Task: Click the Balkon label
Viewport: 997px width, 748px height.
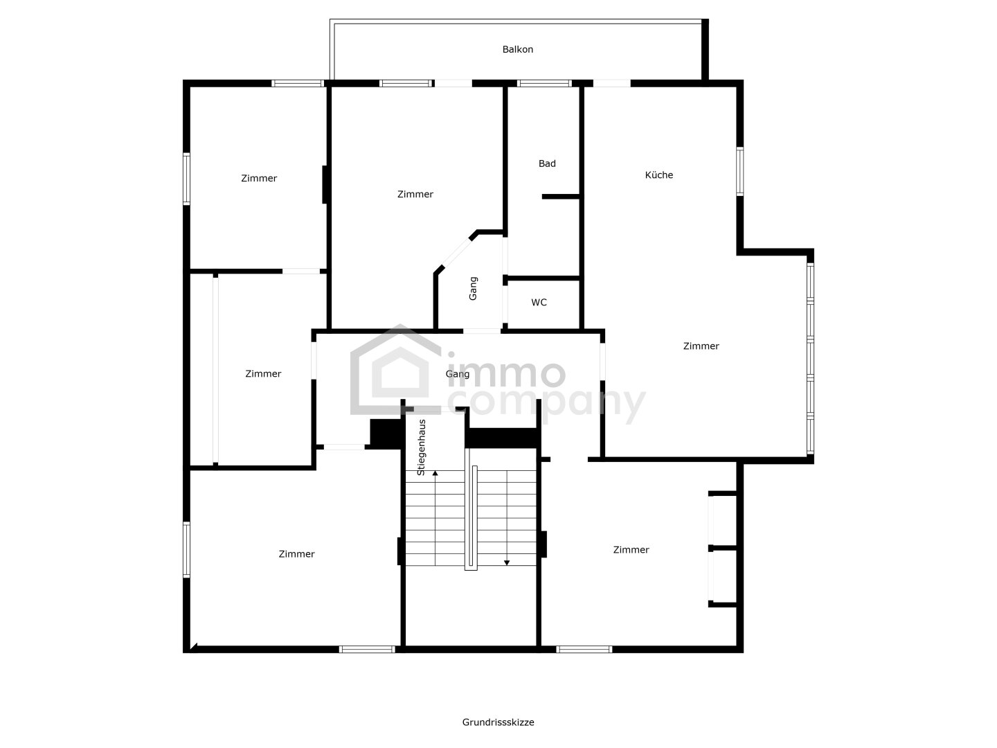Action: [517, 49]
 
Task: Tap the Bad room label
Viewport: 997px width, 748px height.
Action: [547, 163]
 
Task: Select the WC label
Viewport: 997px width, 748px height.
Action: [539, 303]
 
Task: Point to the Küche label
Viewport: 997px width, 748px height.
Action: [658, 175]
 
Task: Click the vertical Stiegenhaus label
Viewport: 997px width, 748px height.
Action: [421, 447]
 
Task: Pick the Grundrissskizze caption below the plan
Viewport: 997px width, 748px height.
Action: [498, 722]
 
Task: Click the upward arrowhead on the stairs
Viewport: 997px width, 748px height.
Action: [435, 473]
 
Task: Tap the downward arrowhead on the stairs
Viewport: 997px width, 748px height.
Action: [507, 562]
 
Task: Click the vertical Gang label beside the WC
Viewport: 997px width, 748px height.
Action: [473, 288]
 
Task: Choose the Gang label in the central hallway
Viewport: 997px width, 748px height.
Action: [458, 374]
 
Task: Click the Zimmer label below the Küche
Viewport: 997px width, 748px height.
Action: [701, 346]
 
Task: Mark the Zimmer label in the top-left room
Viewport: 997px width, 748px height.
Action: [259, 179]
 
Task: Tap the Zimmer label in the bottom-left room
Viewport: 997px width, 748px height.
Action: [296, 554]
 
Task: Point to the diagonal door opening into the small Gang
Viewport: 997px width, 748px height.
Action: [456, 253]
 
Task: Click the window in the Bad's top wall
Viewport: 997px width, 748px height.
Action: [544, 83]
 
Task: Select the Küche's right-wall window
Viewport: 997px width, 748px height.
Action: [740, 172]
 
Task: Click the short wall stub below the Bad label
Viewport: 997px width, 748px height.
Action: [561, 197]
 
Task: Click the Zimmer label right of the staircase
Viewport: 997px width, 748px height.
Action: [631, 550]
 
